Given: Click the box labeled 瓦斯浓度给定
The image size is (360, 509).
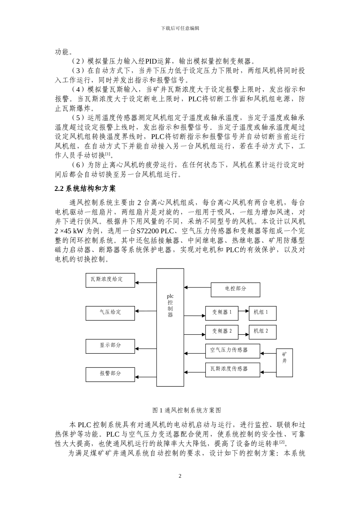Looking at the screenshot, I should click(x=110, y=280).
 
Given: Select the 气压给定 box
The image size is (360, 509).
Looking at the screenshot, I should click(x=110, y=313).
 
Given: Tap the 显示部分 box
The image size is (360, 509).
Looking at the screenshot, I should click(x=110, y=346).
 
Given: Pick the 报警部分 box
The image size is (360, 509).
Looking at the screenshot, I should click(x=110, y=374).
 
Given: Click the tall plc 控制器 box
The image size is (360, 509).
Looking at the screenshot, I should click(x=170, y=327).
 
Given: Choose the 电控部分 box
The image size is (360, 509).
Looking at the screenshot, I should click(x=235, y=289).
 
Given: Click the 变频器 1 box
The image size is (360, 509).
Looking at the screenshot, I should click(x=222, y=313).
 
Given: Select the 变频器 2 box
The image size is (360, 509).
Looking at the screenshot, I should click(x=222, y=332).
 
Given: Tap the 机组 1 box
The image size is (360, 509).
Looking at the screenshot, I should click(x=262, y=313).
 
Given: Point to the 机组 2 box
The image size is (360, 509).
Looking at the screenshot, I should click(x=262, y=332).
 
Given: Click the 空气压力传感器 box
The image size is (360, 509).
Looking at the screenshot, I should click(x=233, y=351).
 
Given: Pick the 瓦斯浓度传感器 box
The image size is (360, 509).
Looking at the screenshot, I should click(x=233, y=369).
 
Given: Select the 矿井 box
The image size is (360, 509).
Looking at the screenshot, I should click(x=285, y=362).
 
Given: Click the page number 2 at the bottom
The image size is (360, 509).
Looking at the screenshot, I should click(x=180, y=476).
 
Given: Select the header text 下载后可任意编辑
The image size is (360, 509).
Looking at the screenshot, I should click(x=180, y=28).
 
